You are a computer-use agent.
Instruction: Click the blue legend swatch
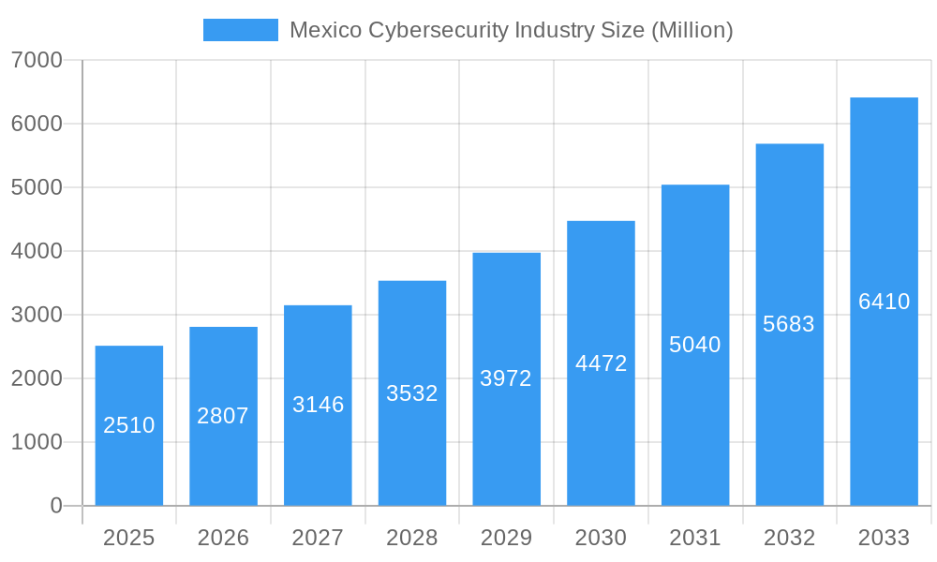[x=241, y=30]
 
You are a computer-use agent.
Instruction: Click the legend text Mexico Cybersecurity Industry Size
[x=511, y=30]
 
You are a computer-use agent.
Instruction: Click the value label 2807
[x=223, y=416]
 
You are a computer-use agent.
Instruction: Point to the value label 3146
[x=319, y=405]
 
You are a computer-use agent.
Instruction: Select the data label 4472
[x=601, y=363]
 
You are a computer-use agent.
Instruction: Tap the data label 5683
[x=789, y=324]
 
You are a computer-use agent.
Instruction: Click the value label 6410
[x=884, y=302]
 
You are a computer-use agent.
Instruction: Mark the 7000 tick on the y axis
[x=37, y=60]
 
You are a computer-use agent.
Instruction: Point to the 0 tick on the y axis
[x=55, y=506]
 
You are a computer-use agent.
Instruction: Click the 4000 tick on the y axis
[x=37, y=251]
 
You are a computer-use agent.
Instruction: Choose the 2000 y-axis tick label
[x=37, y=378]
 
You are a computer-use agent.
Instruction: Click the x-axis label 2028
[x=412, y=538]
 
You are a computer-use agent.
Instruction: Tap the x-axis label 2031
[x=695, y=538]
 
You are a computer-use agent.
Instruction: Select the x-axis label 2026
[x=223, y=538]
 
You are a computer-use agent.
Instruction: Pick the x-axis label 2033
[x=884, y=538]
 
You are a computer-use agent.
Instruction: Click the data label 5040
[x=695, y=345]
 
